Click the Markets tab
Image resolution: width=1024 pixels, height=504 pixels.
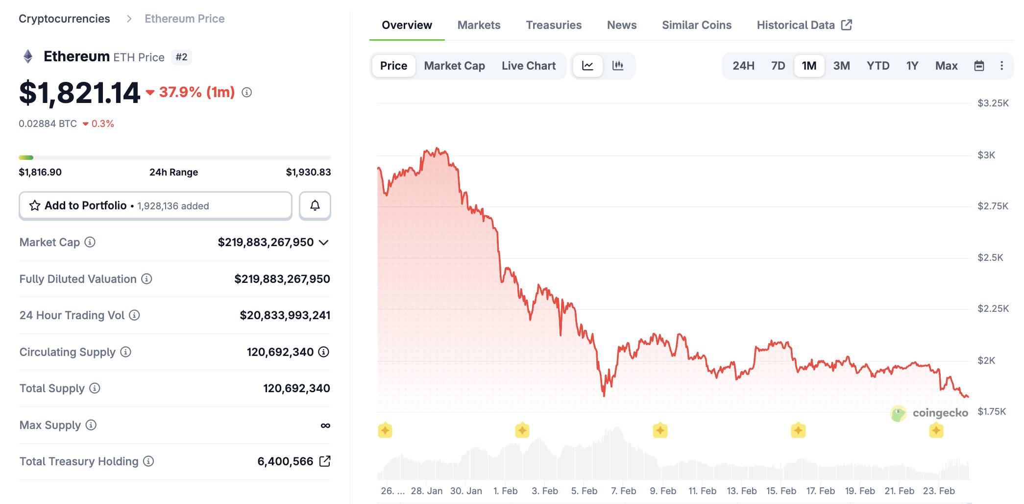click(479, 25)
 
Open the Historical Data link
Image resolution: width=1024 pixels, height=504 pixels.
click(804, 25)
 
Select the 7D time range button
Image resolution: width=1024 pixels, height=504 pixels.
click(778, 66)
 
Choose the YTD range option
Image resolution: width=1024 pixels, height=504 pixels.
click(878, 66)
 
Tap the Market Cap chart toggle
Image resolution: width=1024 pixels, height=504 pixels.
click(454, 66)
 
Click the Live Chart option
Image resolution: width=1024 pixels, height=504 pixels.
click(528, 66)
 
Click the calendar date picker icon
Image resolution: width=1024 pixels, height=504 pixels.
click(979, 66)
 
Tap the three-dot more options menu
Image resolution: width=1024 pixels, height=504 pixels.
click(1001, 66)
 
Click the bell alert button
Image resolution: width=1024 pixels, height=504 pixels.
click(315, 205)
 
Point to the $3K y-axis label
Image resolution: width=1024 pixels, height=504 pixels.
click(986, 155)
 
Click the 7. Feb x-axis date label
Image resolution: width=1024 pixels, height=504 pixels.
click(623, 491)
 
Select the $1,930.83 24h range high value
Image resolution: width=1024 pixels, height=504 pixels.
click(308, 172)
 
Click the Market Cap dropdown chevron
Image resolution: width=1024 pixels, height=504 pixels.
click(323, 242)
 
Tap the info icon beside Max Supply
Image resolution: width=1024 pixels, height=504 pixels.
click(91, 425)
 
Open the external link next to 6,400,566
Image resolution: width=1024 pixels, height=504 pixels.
click(325, 461)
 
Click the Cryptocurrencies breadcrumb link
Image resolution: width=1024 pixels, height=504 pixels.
click(64, 19)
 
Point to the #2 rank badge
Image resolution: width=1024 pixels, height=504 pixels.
click(181, 57)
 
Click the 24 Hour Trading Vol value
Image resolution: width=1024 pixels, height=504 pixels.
click(285, 315)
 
